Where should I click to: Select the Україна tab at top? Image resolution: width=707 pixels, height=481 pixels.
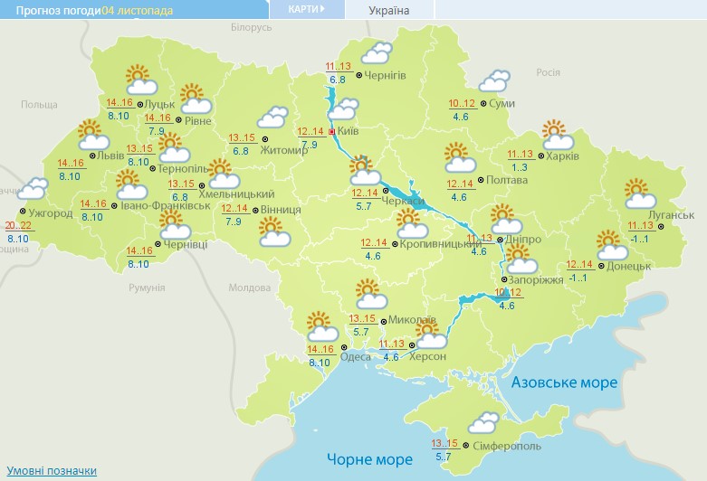pyautogui.click(x=389, y=11)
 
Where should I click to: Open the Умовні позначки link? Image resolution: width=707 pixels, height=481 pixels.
pyautogui.click(x=52, y=471)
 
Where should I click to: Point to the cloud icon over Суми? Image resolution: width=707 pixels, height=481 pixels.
pyautogui.click(x=494, y=81)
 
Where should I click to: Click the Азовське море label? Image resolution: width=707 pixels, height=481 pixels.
pyautogui.click(x=564, y=383)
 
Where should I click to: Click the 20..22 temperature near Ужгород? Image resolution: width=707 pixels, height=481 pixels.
pyautogui.click(x=17, y=225)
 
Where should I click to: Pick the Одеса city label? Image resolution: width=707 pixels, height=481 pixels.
pyautogui.click(x=355, y=356)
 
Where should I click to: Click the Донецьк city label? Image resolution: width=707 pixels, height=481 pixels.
pyautogui.click(x=629, y=266)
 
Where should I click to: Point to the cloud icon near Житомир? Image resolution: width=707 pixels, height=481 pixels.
pyautogui.click(x=272, y=118)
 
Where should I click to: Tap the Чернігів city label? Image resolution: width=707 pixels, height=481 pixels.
pyautogui.click(x=385, y=75)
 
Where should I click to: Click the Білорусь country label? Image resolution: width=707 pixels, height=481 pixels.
pyautogui.click(x=251, y=28)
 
